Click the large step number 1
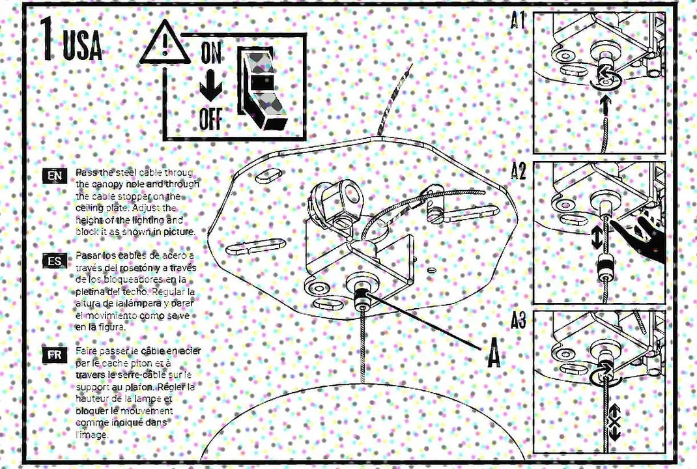[47, 40]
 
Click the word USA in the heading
[83, 47]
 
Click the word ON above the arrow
[210, 53]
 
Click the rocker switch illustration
[260, 88]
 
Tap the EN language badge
[55, 176]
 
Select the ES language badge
[55, 262]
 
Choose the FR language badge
[55, 355]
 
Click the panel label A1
[519, 21]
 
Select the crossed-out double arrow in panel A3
[614, 421]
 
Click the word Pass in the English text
[85, 172]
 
